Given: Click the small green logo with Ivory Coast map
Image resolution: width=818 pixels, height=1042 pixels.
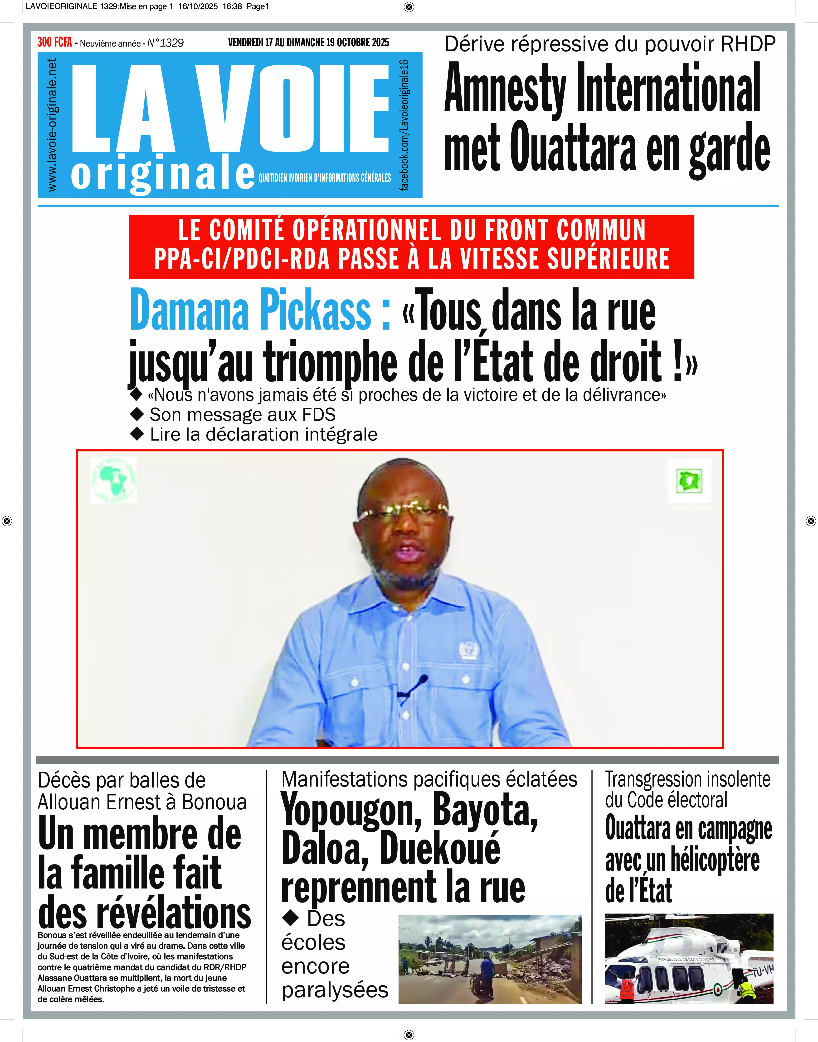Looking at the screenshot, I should [689, 481].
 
